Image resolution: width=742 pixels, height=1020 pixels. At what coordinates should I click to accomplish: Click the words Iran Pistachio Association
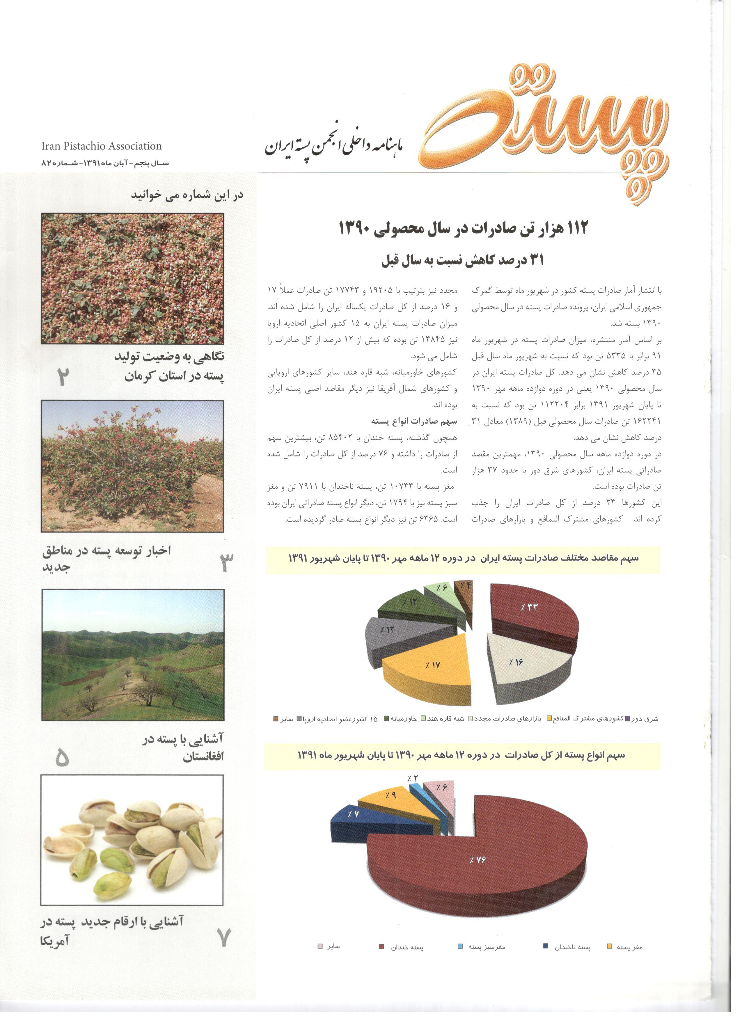[101, 146]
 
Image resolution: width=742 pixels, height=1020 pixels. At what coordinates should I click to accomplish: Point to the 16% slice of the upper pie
[524, 666]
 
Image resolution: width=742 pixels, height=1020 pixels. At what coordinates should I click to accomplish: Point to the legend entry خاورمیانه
[400, 719]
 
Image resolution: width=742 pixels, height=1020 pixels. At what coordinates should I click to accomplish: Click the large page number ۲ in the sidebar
[63, 377]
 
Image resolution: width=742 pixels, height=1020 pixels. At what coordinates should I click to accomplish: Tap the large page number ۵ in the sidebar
[62, 758]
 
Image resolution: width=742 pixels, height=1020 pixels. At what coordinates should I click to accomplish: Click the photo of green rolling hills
[133, 654]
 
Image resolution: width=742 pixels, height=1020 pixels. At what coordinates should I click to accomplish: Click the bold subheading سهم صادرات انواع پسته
[414, 421]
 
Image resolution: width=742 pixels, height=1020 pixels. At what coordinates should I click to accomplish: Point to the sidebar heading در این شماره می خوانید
[187, 195]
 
